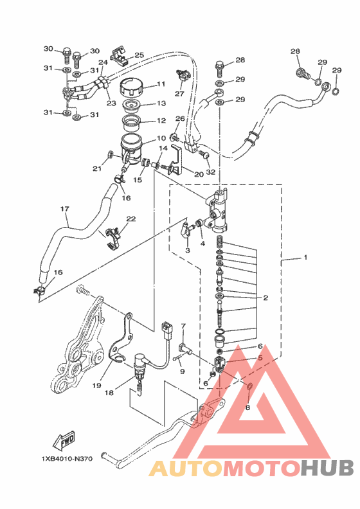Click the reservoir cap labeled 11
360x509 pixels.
click(x=132, y=87)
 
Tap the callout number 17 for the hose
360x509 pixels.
click(x=64, y=209)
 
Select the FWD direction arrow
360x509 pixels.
click(x=63, y=440)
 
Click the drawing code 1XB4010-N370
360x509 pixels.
click(x=67, y=459)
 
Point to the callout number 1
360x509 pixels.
click(x=305, y=258)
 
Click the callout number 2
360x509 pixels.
click(x=266, y=298)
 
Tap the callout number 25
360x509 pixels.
click(x=139, y=55)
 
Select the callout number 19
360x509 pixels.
click(x=96, y=386)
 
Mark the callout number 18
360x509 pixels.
click(x=109, y=393)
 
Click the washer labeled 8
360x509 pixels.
click(x=250, y=386)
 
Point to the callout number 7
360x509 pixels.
click(x=183, y=326)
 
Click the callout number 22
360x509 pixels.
click(x=130, y=219)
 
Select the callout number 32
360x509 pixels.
click(x=211, y=172)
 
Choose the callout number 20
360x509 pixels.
click(x=199, y=174)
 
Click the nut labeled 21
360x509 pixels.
click(x=110, y=154)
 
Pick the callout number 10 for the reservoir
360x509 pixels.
click(x=161, y=138)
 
